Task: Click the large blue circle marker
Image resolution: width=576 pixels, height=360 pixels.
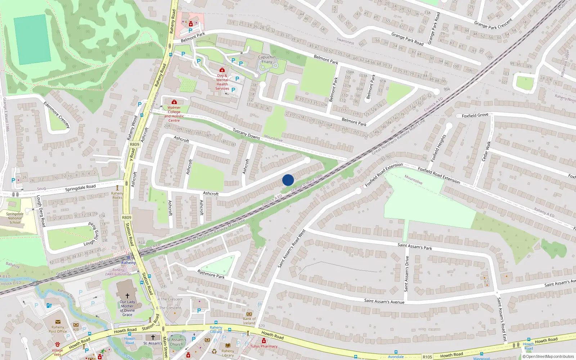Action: [x=288, y=180]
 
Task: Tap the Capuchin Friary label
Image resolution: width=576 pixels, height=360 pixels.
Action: [x=267, y=59]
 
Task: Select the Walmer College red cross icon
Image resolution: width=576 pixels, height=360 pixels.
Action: [x=174, y=102]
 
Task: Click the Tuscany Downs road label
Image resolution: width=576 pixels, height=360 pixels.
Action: [x=246, y=134]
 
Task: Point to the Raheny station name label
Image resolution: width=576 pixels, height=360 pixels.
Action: [x=129, y=263]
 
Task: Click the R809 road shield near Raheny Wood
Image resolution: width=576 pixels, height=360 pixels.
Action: [x=134, y=144]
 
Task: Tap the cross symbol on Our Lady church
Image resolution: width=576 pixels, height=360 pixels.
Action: [x=127, y=296]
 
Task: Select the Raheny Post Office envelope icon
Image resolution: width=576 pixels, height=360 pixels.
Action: [x=58, y=322]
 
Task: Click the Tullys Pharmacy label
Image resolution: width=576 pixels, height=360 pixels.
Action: [x=264, y=346]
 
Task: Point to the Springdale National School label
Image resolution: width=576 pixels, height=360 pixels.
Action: [x=15, y=218]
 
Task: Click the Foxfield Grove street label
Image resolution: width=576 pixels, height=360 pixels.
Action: [x=475, y=116]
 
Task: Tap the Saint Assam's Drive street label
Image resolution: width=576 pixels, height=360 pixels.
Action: [x=407, y=274]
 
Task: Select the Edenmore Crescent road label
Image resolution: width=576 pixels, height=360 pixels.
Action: [x=57, y=114]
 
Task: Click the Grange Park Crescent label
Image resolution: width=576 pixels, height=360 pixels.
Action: [x=493, y=24]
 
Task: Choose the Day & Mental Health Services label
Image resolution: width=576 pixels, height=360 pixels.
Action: [x=222, y=82]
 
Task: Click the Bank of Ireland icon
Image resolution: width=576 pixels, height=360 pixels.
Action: [x=249, y=314]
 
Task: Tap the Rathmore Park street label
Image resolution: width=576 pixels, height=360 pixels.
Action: [x=211, y=274]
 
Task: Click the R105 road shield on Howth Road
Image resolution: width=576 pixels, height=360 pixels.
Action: [x=427, y=357]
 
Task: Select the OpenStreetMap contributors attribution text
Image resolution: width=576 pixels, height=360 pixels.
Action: [x=548, y=357]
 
